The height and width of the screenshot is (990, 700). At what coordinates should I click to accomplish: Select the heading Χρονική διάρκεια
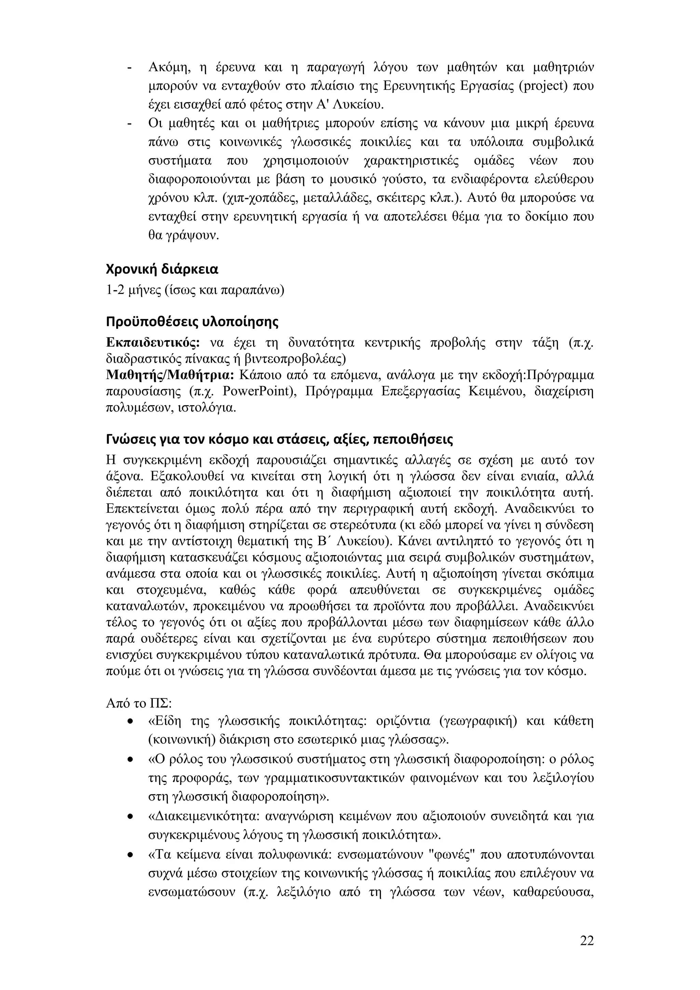tap(162, 269)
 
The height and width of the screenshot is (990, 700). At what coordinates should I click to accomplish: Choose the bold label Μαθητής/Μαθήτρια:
tap(170, 375)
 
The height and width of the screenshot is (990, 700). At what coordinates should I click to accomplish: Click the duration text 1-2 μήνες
tap(132, 290)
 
